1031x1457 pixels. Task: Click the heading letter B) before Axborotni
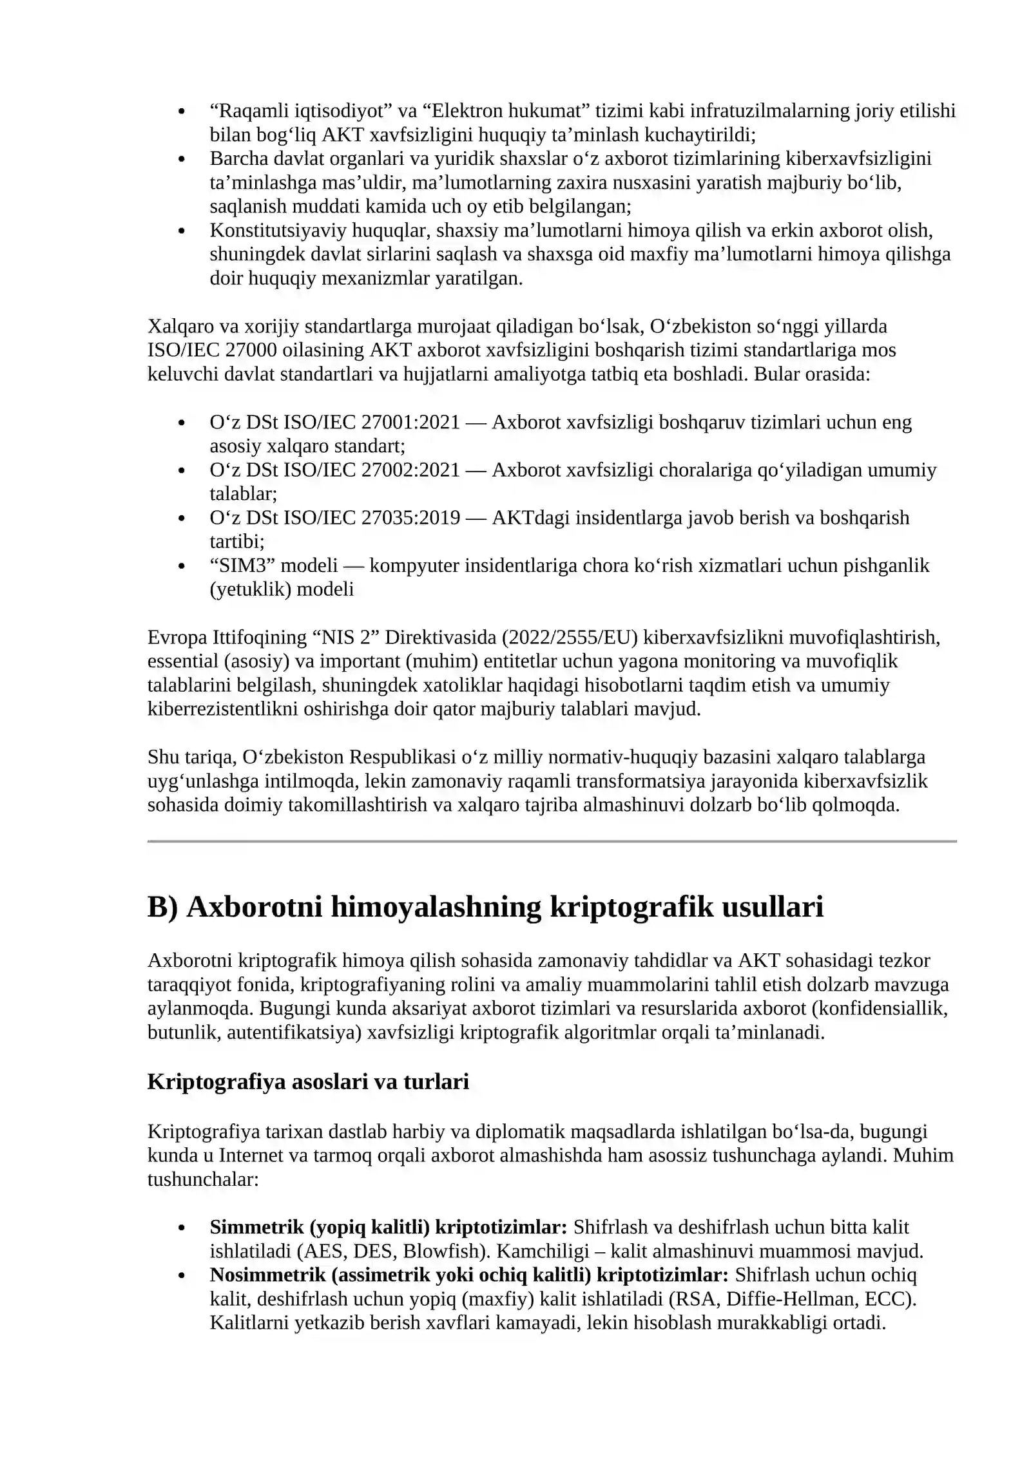click(162, 908)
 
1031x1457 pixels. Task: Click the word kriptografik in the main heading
click(631, 908)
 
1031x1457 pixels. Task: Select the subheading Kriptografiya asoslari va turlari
click(308, 1081)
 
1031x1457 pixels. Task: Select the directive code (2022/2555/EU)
click(569, 637)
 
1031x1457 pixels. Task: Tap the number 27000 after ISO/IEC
click(251, 350)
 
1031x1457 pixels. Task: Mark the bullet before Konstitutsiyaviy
click(182, 231)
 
